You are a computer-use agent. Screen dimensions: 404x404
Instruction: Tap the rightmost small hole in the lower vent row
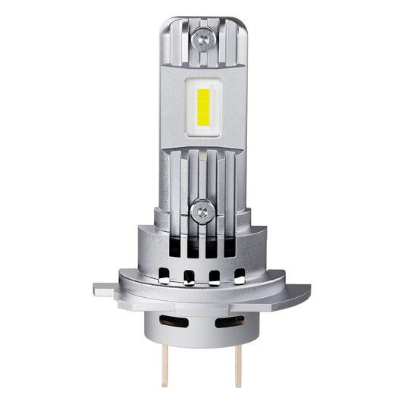pos(240,275)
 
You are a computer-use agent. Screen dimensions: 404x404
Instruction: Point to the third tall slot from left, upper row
pos(212,247)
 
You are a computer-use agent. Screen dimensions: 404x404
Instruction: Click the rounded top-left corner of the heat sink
pos(165,23)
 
